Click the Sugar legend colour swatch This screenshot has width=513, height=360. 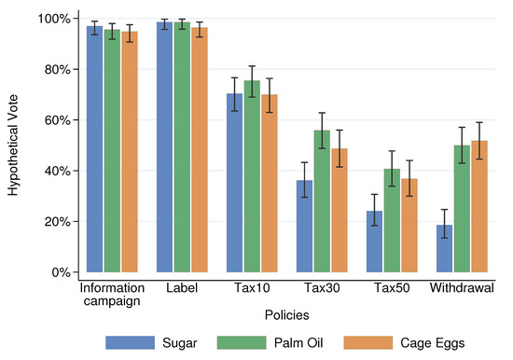click(125, 341)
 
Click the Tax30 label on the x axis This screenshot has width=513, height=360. click(320, 288)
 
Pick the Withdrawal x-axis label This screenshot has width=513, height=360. click(461, 288)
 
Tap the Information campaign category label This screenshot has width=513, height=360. click(111, 295)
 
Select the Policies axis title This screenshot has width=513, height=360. click(286, 316)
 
